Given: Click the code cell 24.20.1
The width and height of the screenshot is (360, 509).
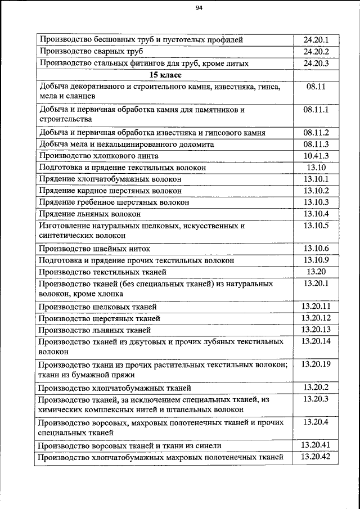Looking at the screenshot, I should click(x=316, y=40).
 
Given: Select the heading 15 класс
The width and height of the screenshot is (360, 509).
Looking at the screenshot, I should click(x=164, y=75).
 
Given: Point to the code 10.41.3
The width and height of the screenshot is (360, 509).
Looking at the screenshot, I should click(x=316, y=155).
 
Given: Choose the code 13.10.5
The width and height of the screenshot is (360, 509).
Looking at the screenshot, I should click(x=316, y=226).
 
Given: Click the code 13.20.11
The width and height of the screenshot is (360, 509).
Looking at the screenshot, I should click(x=316, y=307).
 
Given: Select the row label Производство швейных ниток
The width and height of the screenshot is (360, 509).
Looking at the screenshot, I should click(x=94, y=249).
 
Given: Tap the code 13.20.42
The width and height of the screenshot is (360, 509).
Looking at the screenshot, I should click(x=316, y=457).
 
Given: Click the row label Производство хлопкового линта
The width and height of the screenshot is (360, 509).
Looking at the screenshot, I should click(x=99, y=156).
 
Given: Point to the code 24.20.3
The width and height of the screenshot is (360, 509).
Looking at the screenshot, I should click(x=316, y=63).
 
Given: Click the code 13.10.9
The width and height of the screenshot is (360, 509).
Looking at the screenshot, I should click(x=316, y=260).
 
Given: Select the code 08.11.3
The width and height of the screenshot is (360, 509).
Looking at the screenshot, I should click(x=316, y=144).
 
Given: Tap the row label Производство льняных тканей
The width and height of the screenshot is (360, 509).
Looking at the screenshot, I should click(x=95, y=330).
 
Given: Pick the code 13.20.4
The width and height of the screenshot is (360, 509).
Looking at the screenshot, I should click(x=316, y=422).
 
